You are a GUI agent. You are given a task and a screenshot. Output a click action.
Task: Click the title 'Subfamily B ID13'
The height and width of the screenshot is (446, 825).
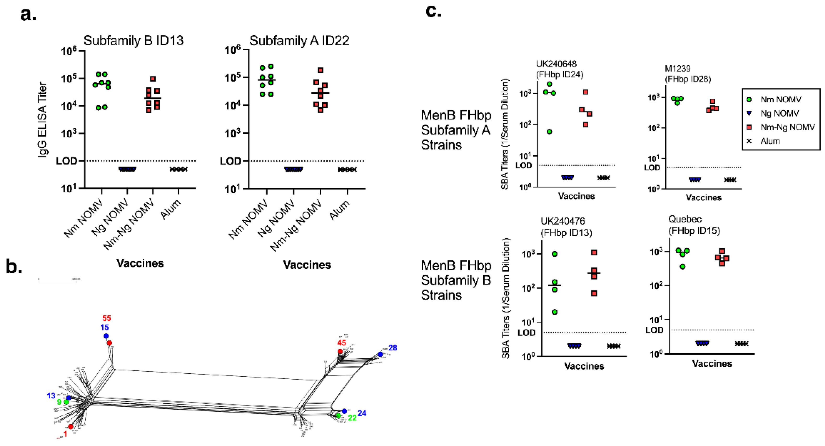[x=133, y=41]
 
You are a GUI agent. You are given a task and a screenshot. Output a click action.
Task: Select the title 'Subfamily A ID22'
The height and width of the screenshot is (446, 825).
[x=299, y=41]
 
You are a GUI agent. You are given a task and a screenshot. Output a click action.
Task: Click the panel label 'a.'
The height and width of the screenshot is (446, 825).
[x=28, y=15]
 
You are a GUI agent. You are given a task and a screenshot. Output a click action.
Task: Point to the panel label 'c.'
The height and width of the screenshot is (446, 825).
[x=433, y=12]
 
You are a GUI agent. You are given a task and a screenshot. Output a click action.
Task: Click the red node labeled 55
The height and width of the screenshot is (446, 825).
[x=110, y=343]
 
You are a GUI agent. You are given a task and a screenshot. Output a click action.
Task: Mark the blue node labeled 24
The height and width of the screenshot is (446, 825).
[x=344, y=411]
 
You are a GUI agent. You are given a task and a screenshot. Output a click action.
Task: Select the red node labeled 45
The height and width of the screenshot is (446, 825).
[x=340, y=352]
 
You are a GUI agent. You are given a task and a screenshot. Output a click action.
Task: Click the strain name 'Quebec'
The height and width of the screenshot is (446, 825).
[x=685, y=219]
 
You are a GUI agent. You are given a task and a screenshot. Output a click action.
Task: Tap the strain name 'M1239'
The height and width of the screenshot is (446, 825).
[x=677, y=68]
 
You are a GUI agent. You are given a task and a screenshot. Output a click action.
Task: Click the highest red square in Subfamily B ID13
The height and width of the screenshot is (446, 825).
[x=153, y=79]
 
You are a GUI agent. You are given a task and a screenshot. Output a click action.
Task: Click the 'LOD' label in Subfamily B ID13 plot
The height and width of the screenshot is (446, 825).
[x=66, y=161]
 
